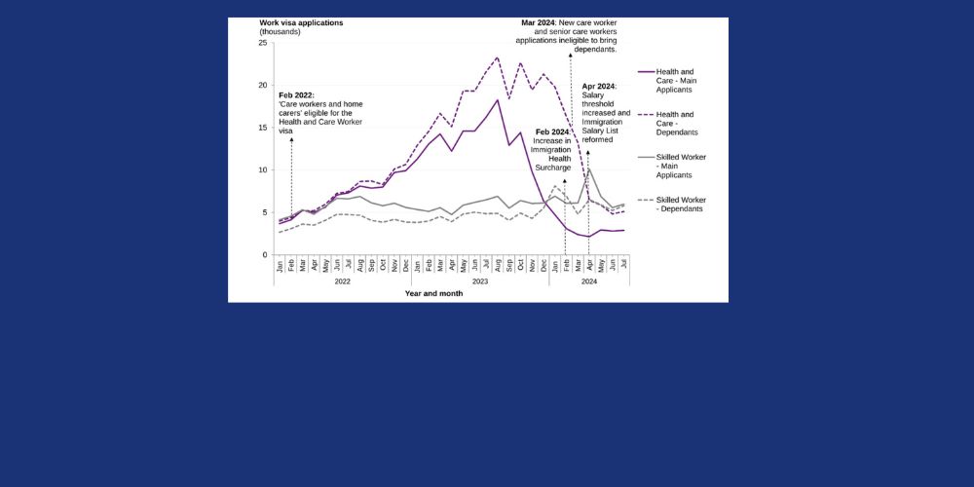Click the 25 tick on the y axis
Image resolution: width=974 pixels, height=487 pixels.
tap(263, 43)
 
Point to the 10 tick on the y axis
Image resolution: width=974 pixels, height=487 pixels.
tap(263, 169)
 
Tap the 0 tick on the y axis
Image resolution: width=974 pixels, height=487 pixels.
tap(265, 254)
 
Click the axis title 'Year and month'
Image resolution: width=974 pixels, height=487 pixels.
tap(434, 292)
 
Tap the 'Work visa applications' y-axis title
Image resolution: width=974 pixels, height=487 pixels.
tap(301, 21)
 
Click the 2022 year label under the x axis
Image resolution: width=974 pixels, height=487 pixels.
tap(342, 281)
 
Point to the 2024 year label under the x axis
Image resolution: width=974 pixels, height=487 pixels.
tap(588, 281)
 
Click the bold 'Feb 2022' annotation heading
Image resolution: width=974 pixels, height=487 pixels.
tap(296, 94)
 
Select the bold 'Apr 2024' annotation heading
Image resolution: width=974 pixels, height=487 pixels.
tap(598, 86)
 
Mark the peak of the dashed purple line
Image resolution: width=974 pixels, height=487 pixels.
tap(498, 57)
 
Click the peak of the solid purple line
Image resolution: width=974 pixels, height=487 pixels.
tap(498, 100)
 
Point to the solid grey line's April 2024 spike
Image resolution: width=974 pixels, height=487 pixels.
tap(588, 169)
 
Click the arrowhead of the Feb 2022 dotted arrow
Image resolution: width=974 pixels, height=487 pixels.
tap(292, 140)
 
